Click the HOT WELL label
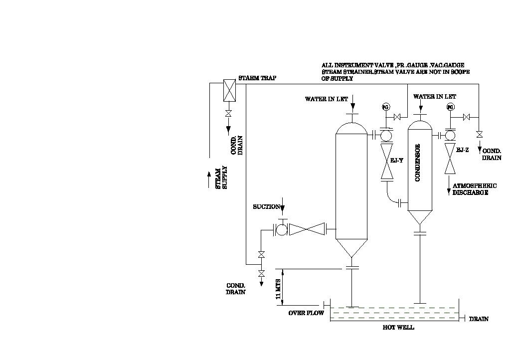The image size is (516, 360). [398, 328]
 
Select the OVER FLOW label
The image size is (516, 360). [306, 313]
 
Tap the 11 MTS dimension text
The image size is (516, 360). [278, 289]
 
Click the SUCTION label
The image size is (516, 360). [266, 207]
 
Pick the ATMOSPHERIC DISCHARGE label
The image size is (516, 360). [471, 189]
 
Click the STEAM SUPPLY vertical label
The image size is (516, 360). [220, 178]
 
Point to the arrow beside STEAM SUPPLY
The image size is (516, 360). [209, 179]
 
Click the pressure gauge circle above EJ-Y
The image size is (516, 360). [385, 108]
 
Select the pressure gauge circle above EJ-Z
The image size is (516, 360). [450, 108]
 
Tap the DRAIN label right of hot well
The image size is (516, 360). [479, 319]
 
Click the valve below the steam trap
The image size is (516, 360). [228, 114]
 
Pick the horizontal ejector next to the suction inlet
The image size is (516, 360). [307, 229]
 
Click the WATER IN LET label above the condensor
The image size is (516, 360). [434, 97]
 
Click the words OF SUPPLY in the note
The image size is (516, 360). [337, 79]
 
